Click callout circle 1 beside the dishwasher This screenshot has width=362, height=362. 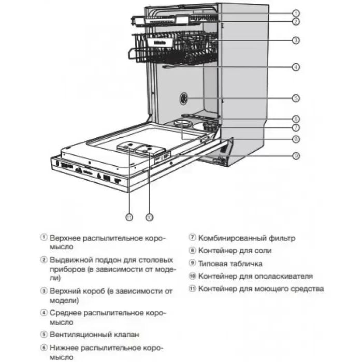click(x=295, y=13)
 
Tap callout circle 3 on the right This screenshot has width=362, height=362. click(x=295, y=40)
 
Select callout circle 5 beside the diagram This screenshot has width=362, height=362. click(x=295, y=97)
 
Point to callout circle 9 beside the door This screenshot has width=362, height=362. click(x=295, y=155)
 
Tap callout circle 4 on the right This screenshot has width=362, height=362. click(x=295, y=67)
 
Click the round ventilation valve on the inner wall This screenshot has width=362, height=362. click(x=184, y=98)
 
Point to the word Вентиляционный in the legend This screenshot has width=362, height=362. click(x=79, y=335)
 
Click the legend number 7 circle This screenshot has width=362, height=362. click(x=192, y=238)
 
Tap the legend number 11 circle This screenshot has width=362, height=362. click(x=192, y=289)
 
